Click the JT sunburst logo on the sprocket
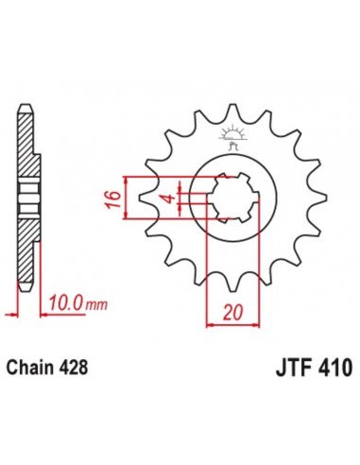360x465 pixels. pyautogui.click(x=231, y=135)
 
